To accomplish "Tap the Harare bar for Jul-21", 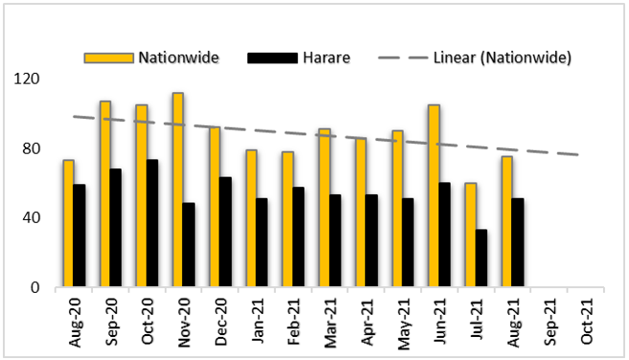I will [481, 258].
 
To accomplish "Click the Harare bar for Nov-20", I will [189, 244].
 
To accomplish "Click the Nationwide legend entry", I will [152, 57].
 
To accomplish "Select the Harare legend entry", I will [298, 57].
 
